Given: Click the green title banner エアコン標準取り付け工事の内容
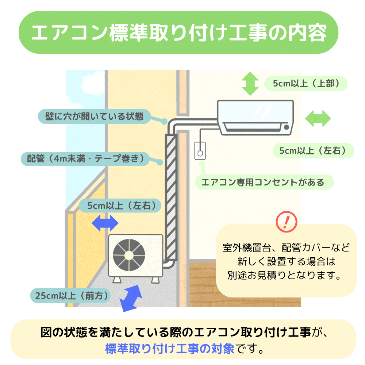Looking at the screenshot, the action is (178, 32).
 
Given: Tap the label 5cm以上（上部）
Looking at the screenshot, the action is (306, 83).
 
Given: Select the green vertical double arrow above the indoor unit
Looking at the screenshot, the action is (250, 84).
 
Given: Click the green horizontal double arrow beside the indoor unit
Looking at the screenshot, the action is (318, 119).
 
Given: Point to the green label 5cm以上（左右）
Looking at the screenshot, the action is (313, 151).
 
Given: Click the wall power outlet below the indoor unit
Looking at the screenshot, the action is (200, 151).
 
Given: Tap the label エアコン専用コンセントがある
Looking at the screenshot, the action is (264, 182).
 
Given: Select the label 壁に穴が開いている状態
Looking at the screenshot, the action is (94, 116).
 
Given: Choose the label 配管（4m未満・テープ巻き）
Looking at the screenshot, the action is (85, 159).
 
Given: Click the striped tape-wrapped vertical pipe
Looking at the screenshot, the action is (171, 197).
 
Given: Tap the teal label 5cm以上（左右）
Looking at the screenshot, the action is (120, 205).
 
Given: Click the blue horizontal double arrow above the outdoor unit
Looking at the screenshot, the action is (105, 223).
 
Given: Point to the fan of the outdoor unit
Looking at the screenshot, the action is (129, 255).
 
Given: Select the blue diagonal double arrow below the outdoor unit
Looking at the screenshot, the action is (131, 299).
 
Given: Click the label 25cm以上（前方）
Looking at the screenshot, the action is (70, 295).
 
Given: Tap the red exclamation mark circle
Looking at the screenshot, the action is (286, 222).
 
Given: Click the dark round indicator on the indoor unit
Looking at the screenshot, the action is (287, 127).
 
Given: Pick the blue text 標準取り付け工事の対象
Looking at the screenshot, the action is (170, 349).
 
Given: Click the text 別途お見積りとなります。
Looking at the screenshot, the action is (284, 275).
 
